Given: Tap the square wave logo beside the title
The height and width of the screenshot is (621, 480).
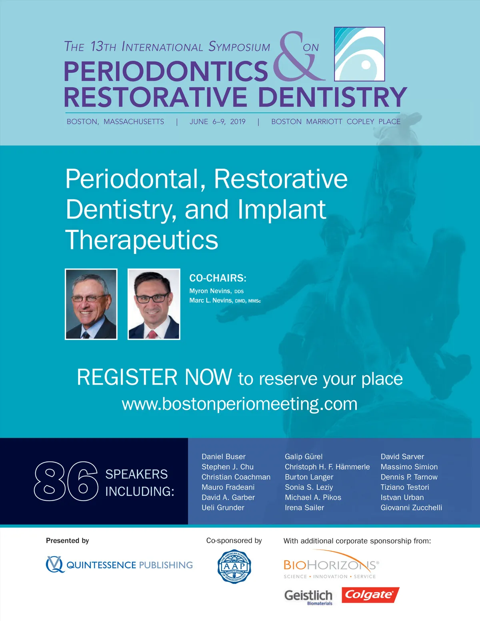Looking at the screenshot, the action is (x=359, y=54).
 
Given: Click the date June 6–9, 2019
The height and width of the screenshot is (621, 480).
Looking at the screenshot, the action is (x=218, y=122).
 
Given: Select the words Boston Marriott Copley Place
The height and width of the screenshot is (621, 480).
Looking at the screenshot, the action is (x=336, y=122).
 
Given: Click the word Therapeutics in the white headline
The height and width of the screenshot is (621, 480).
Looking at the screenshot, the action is (x=142, y=240).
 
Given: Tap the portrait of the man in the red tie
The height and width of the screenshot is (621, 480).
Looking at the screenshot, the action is (x=154, y=304).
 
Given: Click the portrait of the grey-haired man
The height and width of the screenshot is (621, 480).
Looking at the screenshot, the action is (x=91, y=304).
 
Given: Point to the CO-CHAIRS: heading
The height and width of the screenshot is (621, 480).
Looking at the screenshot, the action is (x=218, y=278).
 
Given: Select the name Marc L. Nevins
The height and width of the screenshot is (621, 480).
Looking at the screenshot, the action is (x=211, y=300).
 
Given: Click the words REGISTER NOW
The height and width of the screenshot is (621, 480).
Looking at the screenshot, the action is (x=154, y=377).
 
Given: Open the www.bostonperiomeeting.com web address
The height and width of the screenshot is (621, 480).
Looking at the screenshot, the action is (x=240, y=404).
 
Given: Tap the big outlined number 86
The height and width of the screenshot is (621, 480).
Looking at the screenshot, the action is (x=66, y=481).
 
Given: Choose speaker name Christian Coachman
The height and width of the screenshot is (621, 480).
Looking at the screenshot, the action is (x=236, y=477).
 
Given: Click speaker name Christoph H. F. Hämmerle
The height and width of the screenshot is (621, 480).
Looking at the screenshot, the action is (x=327, y=467).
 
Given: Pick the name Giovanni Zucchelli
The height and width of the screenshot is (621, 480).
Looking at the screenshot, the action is (x=411, y=507).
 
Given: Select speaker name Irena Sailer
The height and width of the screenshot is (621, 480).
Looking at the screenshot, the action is (x=304, y=507).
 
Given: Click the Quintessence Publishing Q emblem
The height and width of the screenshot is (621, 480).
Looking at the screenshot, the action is (x=55, y=564).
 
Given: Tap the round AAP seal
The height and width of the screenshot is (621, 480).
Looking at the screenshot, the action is (x=234, y=566).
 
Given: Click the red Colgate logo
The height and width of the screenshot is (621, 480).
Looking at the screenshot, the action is (x=370, y=595).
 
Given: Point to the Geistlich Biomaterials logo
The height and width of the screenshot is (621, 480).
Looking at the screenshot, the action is (x=308, y=597).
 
